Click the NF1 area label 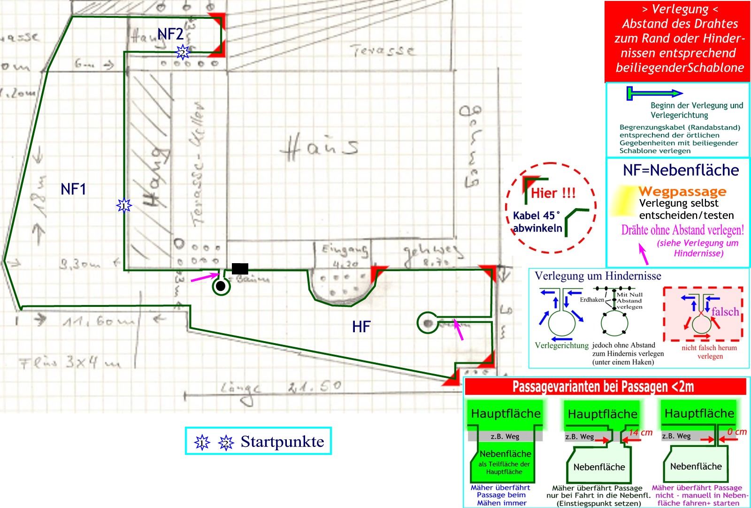pos(73,189)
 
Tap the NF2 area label pos(170,34)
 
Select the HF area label pos(361,327)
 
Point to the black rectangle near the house pos(240,269)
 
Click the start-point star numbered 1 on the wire pos(124,205)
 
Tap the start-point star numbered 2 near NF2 pos(183,52)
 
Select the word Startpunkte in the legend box pos(282,442)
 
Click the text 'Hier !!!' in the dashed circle pos(552,193)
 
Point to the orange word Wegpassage pos(682,191)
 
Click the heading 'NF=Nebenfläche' pos(681,170)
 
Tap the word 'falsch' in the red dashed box pos(725,312)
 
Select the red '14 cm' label pos(641,432)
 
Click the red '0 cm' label pos(737,431)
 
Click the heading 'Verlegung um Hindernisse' pos(598,276)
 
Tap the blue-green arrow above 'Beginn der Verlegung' pos(654,93)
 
